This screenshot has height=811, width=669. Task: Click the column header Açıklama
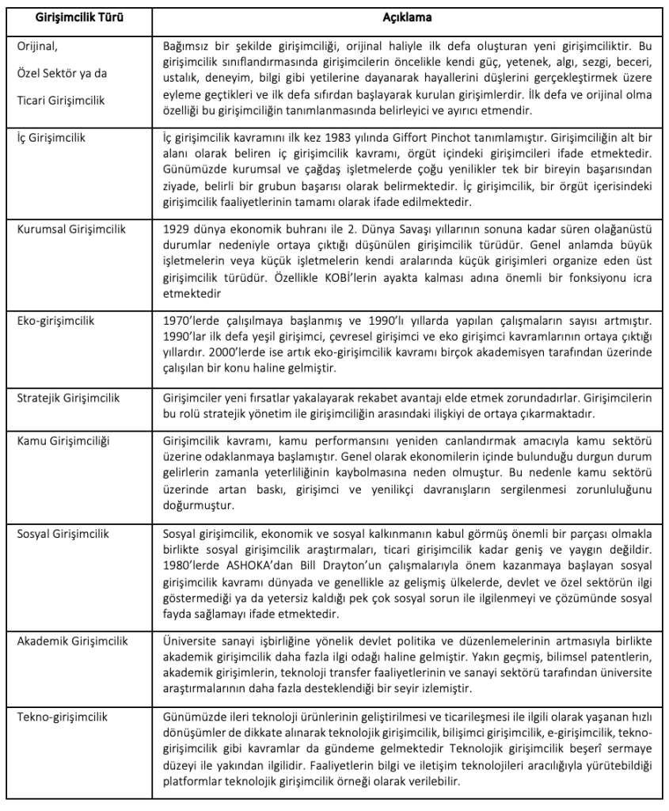[404, 14]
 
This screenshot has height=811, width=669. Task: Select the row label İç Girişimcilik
[51, 137]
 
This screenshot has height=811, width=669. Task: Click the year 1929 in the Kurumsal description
[175, 229]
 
